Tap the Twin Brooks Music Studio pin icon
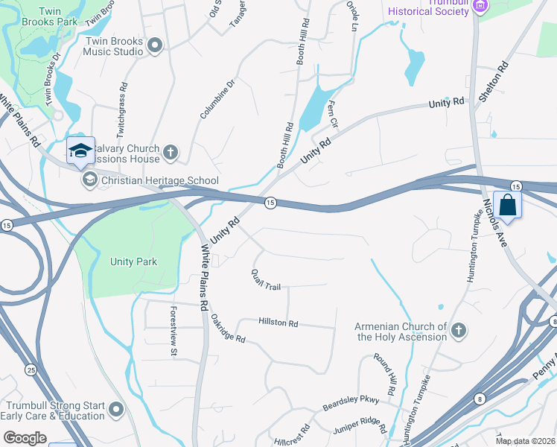pos(156,46)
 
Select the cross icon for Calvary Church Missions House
pos(171,153)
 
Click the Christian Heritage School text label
pos(159,180)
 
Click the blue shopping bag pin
pos(507,205)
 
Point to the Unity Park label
pos(134,262)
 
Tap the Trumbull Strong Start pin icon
pos(115,409)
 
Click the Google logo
pos(25,438)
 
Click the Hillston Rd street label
pos(278,323)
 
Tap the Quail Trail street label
pos(265,280)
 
